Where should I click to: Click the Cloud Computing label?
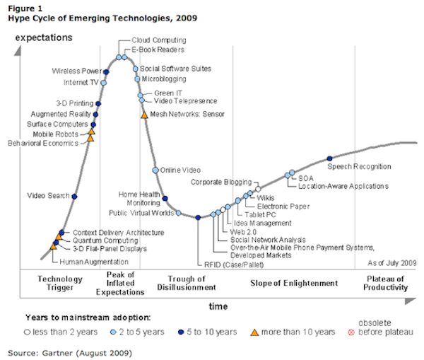pyautogui.click(x=159, y=40)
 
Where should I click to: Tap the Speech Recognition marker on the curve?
pyautogui.click(x=329, y=158)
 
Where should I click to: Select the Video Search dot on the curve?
pyautogui.click(x=74, y=196)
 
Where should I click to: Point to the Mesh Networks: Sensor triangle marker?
pyautogui.click(x=144, y=114)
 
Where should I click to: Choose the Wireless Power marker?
pyautogui.click(x=107, y=71)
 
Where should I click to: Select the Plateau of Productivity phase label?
pyautogui.click(x=387, y=282)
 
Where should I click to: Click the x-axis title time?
pyautogui.click(x=218, y=306)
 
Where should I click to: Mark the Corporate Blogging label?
pyautogui.click(x=221, y=182)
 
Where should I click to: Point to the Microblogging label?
pyautogui.click(x=164, y=79)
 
